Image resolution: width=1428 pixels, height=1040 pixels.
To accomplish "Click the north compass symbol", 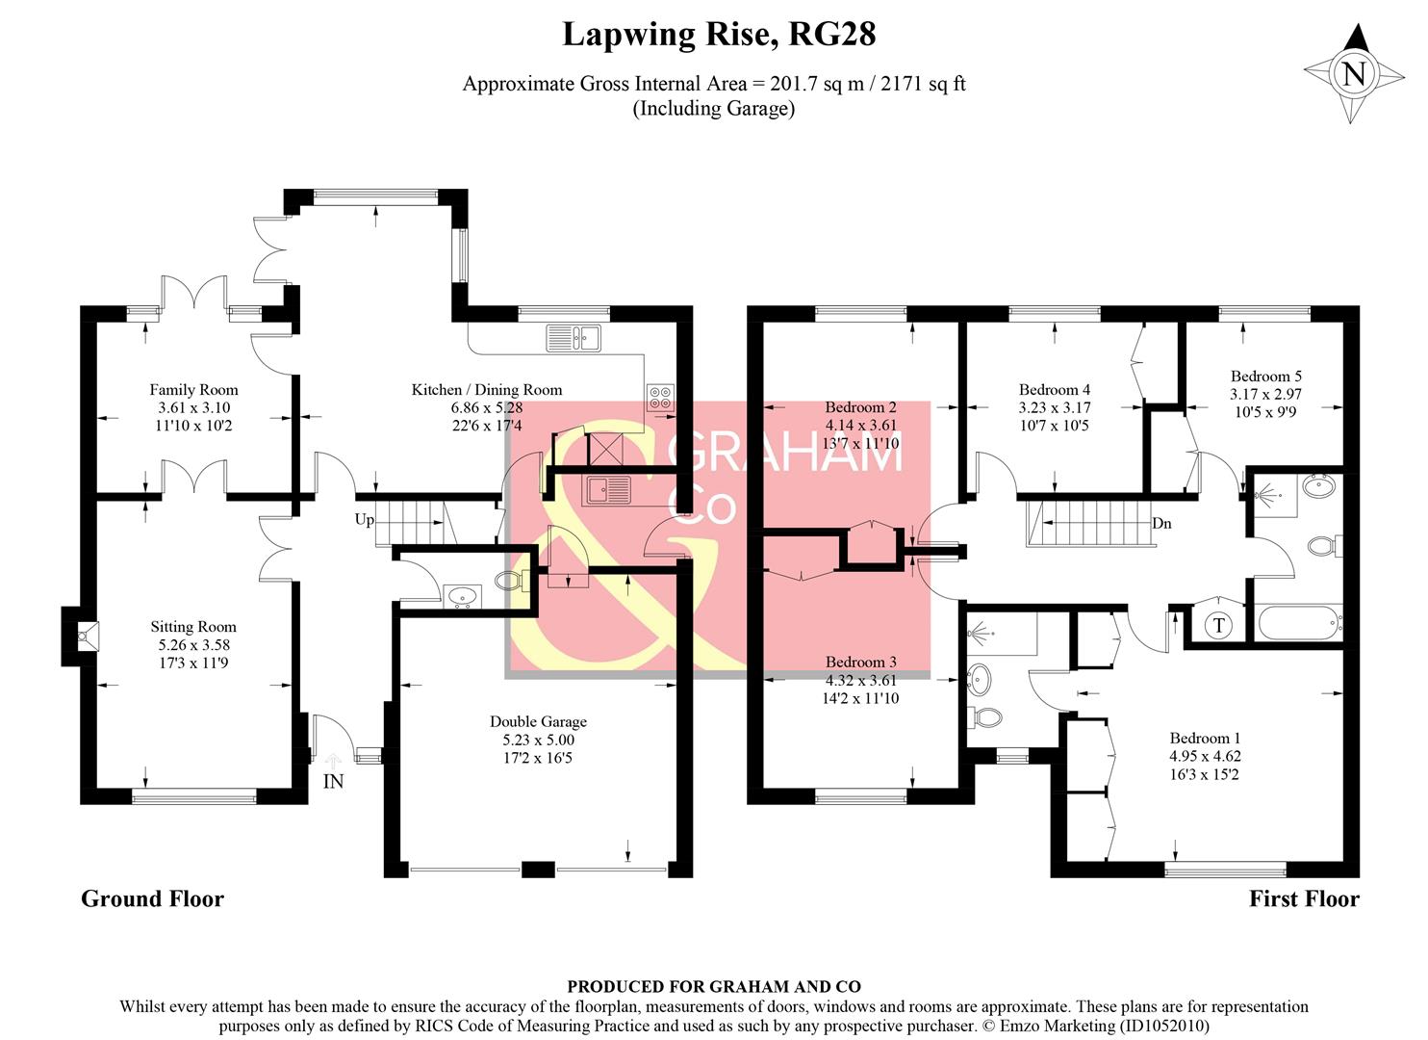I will click(1353, 74).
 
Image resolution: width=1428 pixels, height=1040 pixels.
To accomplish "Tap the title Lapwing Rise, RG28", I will click(718, 35).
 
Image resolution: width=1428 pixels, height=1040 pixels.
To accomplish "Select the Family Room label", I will click(193, 390).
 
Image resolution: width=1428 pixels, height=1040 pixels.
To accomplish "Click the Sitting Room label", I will click(193, 627).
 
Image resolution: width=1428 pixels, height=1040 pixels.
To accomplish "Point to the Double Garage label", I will click(538, 722).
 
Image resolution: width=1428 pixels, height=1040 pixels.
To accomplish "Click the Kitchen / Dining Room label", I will click(487, 390).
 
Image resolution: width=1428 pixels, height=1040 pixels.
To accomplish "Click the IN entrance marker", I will click(333, 782).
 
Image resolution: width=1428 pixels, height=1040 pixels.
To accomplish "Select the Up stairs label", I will click(364, 520).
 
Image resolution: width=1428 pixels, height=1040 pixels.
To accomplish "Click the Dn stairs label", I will click(1161, 524).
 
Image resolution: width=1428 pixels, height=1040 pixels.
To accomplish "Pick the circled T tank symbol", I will click(1219, 626).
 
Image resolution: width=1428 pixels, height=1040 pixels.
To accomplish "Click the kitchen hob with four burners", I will click(660, 398).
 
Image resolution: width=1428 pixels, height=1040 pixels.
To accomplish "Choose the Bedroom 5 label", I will click(1265, 377).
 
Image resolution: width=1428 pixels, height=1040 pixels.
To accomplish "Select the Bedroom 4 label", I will click(1055, 390).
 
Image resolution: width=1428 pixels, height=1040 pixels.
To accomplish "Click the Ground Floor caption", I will click(152, 899).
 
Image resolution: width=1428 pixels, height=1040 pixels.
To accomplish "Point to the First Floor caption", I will click(1304, 899).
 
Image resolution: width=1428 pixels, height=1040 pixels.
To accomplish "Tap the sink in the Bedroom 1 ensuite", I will click(981, 680).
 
